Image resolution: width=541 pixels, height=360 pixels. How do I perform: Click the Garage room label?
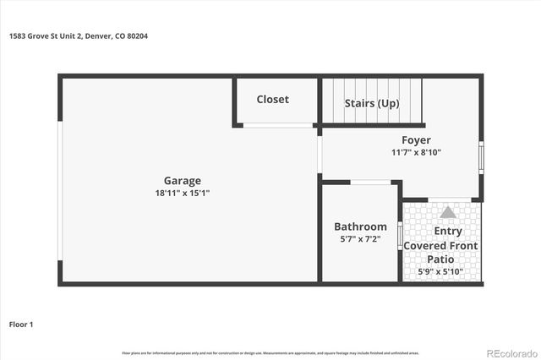point(182,180)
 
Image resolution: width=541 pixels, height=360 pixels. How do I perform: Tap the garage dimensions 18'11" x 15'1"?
point(182,193)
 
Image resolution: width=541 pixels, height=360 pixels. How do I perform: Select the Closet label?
point(272,99)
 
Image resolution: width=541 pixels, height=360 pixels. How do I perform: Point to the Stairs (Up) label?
point(371,103)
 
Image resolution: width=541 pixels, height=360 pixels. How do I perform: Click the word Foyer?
point(416,140)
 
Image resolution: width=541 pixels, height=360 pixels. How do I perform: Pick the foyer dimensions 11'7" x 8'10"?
point(416,153)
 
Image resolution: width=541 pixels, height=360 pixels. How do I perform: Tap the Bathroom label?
point(360,226)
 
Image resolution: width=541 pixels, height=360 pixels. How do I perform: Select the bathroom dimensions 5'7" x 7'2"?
point(360,239)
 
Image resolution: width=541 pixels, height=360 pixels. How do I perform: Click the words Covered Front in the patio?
point(440,246)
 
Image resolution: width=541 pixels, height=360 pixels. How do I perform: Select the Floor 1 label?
point(21,323)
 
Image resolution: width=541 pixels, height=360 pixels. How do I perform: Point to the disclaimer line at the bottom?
point(270,352)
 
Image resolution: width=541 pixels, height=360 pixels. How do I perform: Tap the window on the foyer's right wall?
point(482,157)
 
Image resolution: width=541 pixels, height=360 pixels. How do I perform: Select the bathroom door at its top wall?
point(369,182)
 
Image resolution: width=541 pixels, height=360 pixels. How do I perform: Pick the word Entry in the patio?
point(447,232)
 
